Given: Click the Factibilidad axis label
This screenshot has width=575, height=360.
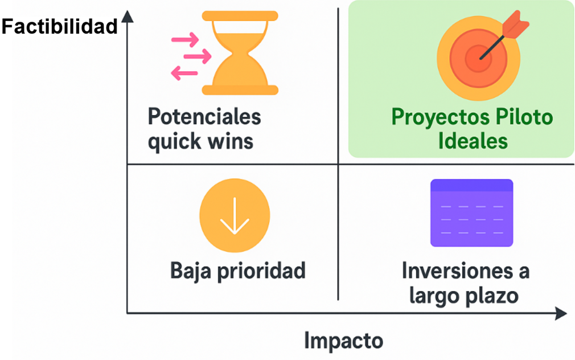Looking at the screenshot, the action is click(59, 27).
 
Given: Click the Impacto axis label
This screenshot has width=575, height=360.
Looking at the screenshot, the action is click(344, 341).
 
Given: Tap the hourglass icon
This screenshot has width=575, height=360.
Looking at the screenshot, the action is click(240, 53).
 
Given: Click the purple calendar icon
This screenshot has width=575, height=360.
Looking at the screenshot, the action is click(471, 213).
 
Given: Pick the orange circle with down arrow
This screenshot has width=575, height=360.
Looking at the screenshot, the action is click(235, 215).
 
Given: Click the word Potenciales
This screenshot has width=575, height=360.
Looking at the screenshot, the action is click(204, 117).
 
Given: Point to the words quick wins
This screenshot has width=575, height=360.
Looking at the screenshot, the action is click(200, 142).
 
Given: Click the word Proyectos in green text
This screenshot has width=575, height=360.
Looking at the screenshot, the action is click(441, 118).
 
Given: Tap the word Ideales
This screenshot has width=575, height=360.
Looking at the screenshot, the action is click(473, 141).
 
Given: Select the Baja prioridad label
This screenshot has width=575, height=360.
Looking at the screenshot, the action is click(237, 271).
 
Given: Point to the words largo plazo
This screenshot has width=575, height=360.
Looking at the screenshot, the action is click(464, 296).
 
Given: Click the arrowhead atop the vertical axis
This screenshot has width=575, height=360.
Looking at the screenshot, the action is click(128, 17).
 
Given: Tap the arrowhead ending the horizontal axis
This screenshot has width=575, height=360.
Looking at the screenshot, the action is click(561, 313).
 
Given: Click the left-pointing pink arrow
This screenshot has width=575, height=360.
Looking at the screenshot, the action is click(184, 73).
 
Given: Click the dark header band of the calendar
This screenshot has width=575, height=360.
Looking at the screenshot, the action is click(471, 185).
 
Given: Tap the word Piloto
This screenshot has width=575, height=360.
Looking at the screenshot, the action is click(524, 117).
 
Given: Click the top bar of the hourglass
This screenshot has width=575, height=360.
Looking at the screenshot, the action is click(240, 16).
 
